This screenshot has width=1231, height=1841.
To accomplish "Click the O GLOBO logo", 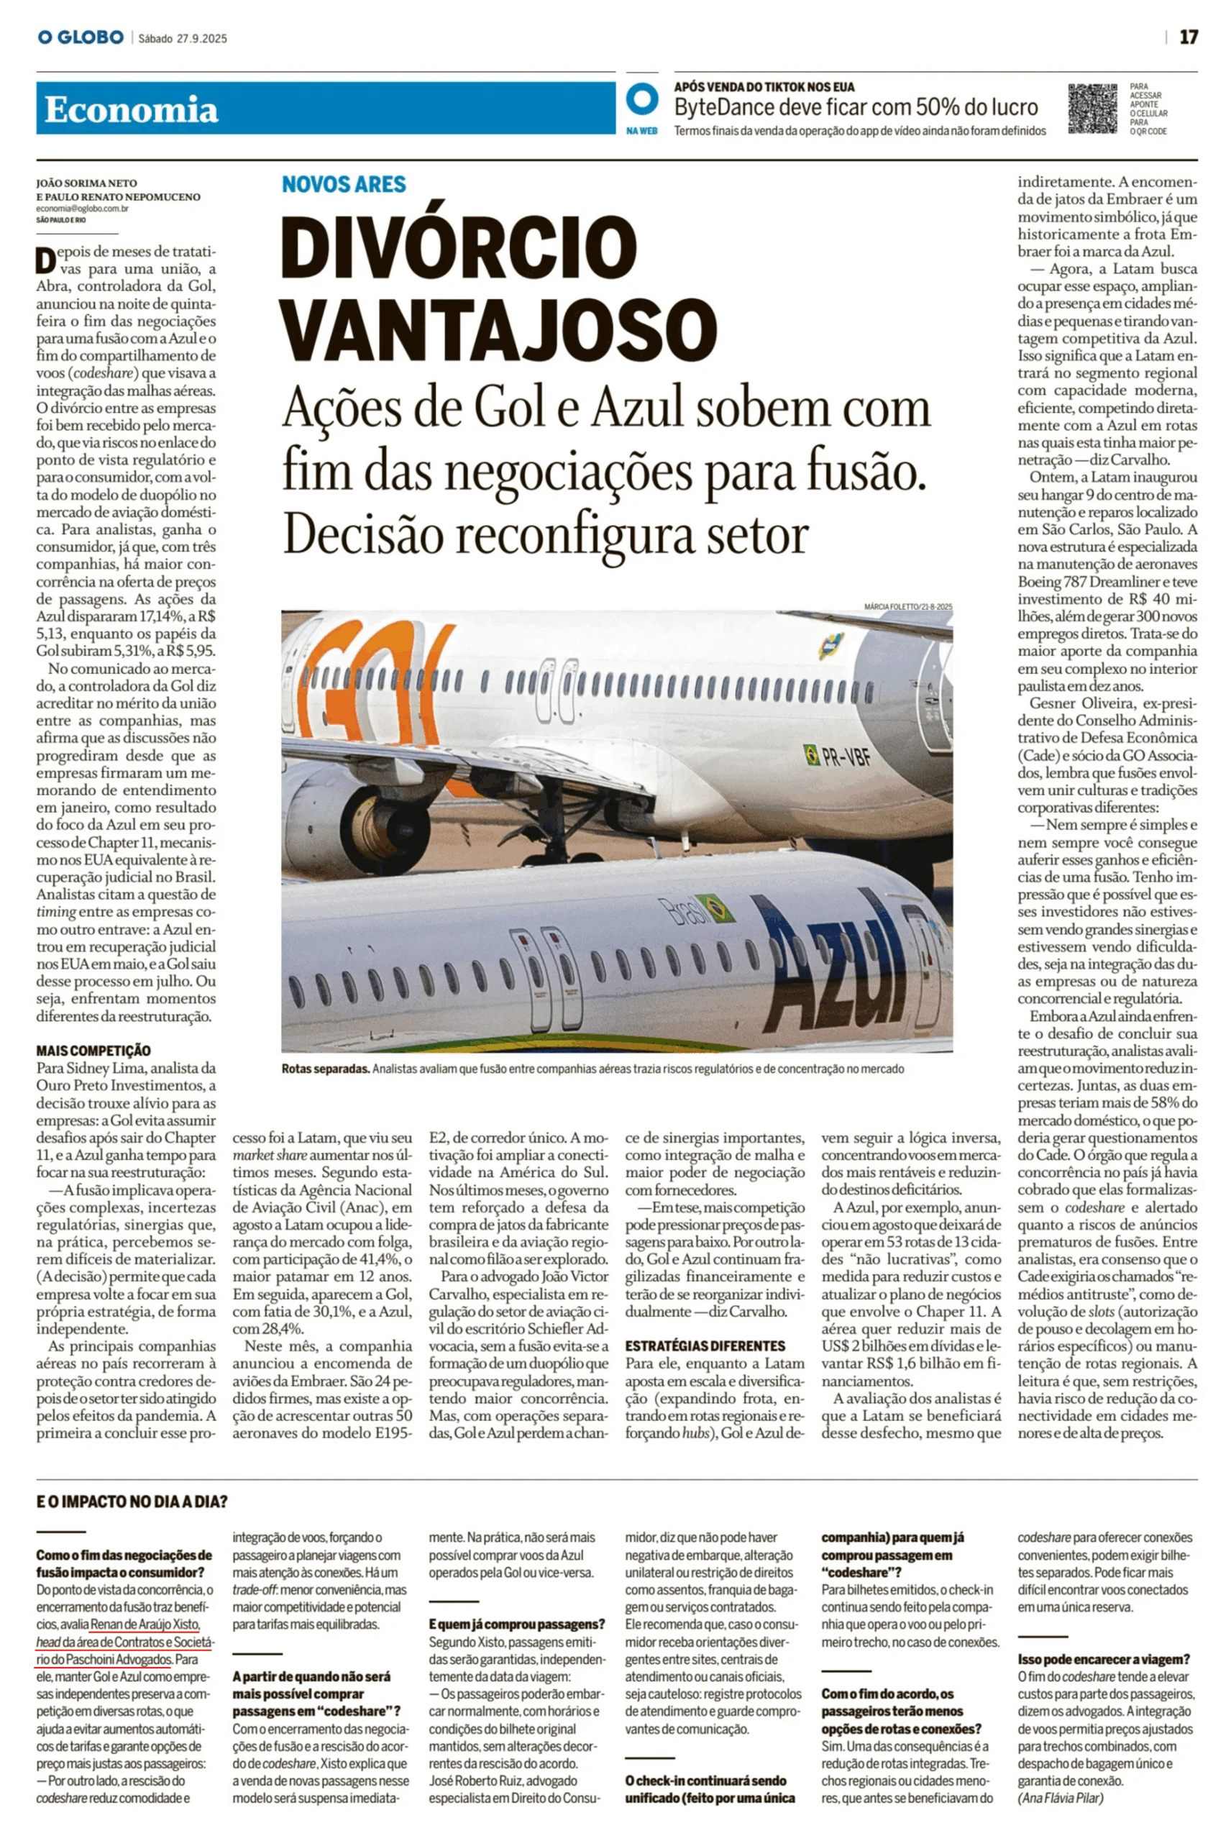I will pyautogui.click(x=81, y=37).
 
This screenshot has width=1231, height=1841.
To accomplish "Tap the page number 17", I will pyautogui.click(x=1189, y=37).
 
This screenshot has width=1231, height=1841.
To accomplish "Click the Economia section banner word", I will pyautogui.click(x=131, y=110).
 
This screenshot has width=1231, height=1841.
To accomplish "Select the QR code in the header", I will pyautogui.click(x=1092, y=109).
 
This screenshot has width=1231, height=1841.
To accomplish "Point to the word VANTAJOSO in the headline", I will pyautogui.click(x=499, y=327).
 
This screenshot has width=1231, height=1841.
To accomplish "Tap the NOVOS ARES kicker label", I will pyautogui.click(x=344, y=185).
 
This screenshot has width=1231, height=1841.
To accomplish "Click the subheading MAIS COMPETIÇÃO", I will pyautogui.click(x=93, y=1051).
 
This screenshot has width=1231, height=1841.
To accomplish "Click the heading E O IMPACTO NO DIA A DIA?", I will pyautogui.click(x=132, y=1502).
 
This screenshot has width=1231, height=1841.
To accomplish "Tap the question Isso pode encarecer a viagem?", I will pyautogui.click(x=1104, y=1659).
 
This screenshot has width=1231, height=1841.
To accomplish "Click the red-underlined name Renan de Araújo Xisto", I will pyautogui.click(x=145, y=1625).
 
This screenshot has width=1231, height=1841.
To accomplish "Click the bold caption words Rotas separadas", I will pyautogui.click(x=325, y=1069).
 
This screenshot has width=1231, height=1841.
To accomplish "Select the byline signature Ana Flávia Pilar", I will pyautogui.click(x=1061, y=1798).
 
